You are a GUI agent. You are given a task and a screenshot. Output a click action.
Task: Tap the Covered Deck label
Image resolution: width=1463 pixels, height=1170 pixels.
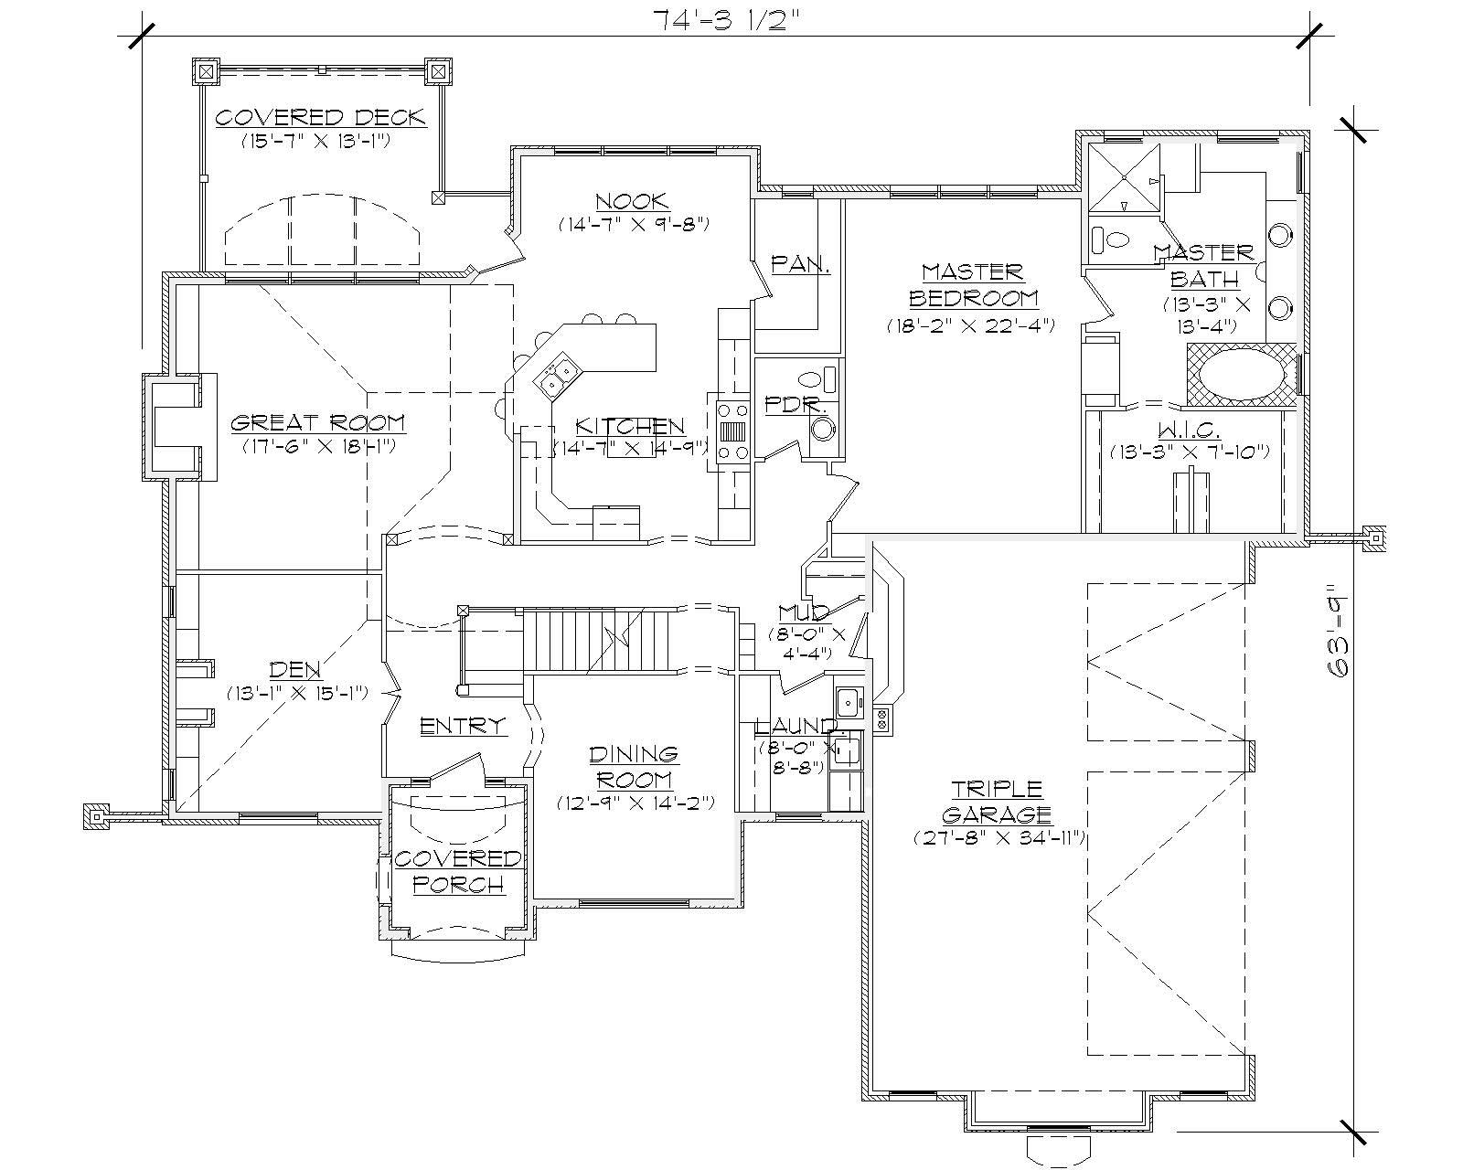[x=320, y=118]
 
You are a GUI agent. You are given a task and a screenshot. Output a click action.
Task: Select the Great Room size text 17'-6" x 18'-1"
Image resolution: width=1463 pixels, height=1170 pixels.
[x=318, y=446]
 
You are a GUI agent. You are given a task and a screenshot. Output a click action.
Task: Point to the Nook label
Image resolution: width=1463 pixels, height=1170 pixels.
[x=632, y=201]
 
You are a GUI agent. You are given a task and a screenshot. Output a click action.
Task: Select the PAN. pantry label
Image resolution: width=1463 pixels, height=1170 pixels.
[x=800, y=264]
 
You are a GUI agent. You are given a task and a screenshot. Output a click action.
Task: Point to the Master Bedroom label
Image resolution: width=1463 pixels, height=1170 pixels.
[x=972, y=284]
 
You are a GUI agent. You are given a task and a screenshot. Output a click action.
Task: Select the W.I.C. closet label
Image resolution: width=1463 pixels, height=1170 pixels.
[x=1190, y=429]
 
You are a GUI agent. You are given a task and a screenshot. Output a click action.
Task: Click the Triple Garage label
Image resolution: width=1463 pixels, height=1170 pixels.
[x=997, y=801]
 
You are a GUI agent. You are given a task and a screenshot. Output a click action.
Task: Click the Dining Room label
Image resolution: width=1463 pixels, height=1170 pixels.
[x=634, y=767]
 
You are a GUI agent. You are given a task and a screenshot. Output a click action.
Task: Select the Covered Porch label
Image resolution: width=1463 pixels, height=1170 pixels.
[x=457, y=871]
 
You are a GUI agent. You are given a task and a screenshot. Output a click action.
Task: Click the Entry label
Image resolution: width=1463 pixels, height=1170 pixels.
[x=462, y=726]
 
